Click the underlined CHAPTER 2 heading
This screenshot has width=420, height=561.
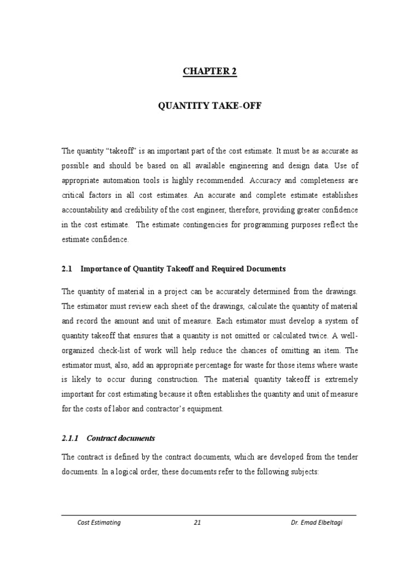pyautogui.click(x=210, y=72)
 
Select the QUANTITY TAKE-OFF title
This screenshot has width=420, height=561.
pyautogui.click(x=210, y=106)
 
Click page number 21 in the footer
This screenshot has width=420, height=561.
pyautogui.click(x=197, y=523)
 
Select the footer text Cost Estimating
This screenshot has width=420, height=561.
pyautogui.click(x=99, y=523)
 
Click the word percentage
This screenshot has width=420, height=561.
pyautogui.click(x=218, y=364)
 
